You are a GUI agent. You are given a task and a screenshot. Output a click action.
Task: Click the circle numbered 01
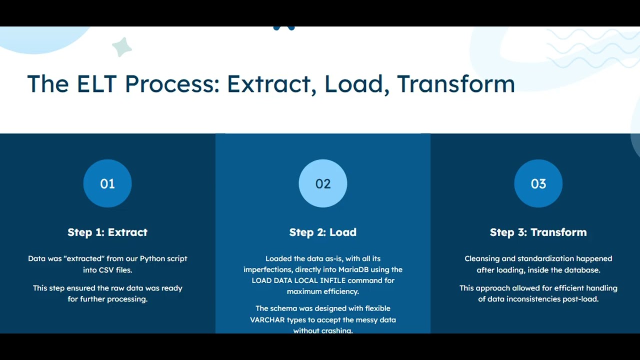coord(107,183)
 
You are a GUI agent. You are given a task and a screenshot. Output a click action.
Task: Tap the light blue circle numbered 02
coord(323,183)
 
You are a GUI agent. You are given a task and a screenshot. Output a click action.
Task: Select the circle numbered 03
coord(538,183)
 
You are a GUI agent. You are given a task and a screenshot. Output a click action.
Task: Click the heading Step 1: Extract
coord(107,232)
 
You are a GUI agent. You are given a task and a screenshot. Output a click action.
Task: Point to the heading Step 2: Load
coord(323,232)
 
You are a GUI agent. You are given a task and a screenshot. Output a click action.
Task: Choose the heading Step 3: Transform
coord(538,232)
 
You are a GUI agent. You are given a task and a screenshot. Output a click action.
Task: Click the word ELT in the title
coord(97,83)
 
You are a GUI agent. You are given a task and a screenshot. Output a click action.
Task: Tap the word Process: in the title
coord(172,83)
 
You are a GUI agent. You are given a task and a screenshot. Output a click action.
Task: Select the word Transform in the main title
coord(456,83)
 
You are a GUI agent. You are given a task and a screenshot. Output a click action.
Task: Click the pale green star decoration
coord(121,47)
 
